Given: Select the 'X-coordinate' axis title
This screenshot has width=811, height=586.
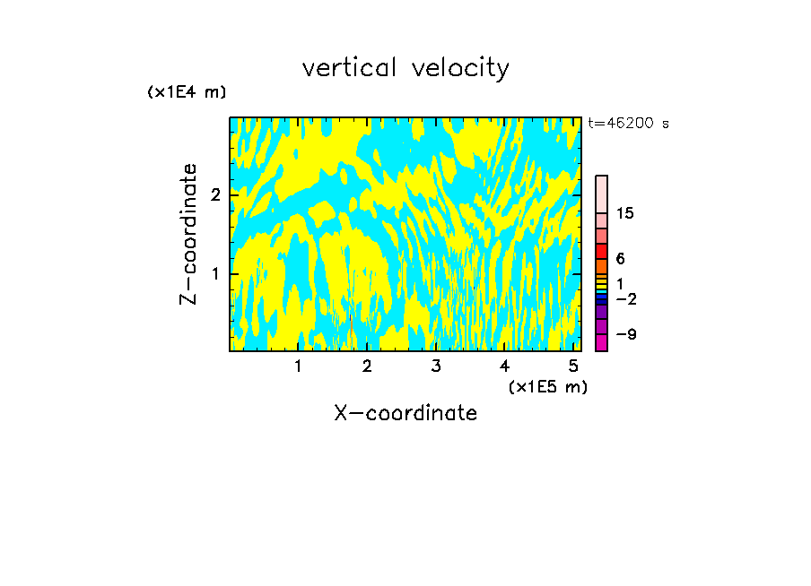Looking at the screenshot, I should tap(405, 413).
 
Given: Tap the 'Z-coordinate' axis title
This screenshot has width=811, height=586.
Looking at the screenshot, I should tap(188, 234).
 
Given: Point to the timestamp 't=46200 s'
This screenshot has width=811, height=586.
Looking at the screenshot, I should tap(628, 124).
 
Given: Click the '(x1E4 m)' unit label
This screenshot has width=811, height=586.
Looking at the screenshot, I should tap(187, 92).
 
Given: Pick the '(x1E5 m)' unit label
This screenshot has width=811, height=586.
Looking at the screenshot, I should tap(547, 386).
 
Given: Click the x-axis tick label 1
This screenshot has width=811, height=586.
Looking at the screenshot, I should tap(298, 366).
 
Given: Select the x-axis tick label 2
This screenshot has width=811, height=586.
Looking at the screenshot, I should tap(367, 366).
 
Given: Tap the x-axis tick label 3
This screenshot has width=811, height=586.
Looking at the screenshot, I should tap(436, 366).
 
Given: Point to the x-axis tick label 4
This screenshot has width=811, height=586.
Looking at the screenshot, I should tap(505, 366).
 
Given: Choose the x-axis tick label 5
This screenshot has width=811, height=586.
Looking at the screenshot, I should tap(573, 366).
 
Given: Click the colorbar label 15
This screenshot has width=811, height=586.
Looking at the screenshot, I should tap(625, 213).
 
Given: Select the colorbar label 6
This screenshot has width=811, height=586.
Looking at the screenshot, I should tap(620, 259).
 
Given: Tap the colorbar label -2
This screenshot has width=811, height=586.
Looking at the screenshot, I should tap(625, 298).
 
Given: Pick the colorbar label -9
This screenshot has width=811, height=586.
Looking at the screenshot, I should tap(625, 334).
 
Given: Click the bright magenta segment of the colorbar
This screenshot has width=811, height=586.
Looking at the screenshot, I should tap(601, 342).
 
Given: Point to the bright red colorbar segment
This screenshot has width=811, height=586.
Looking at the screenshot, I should tap(601, 251).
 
